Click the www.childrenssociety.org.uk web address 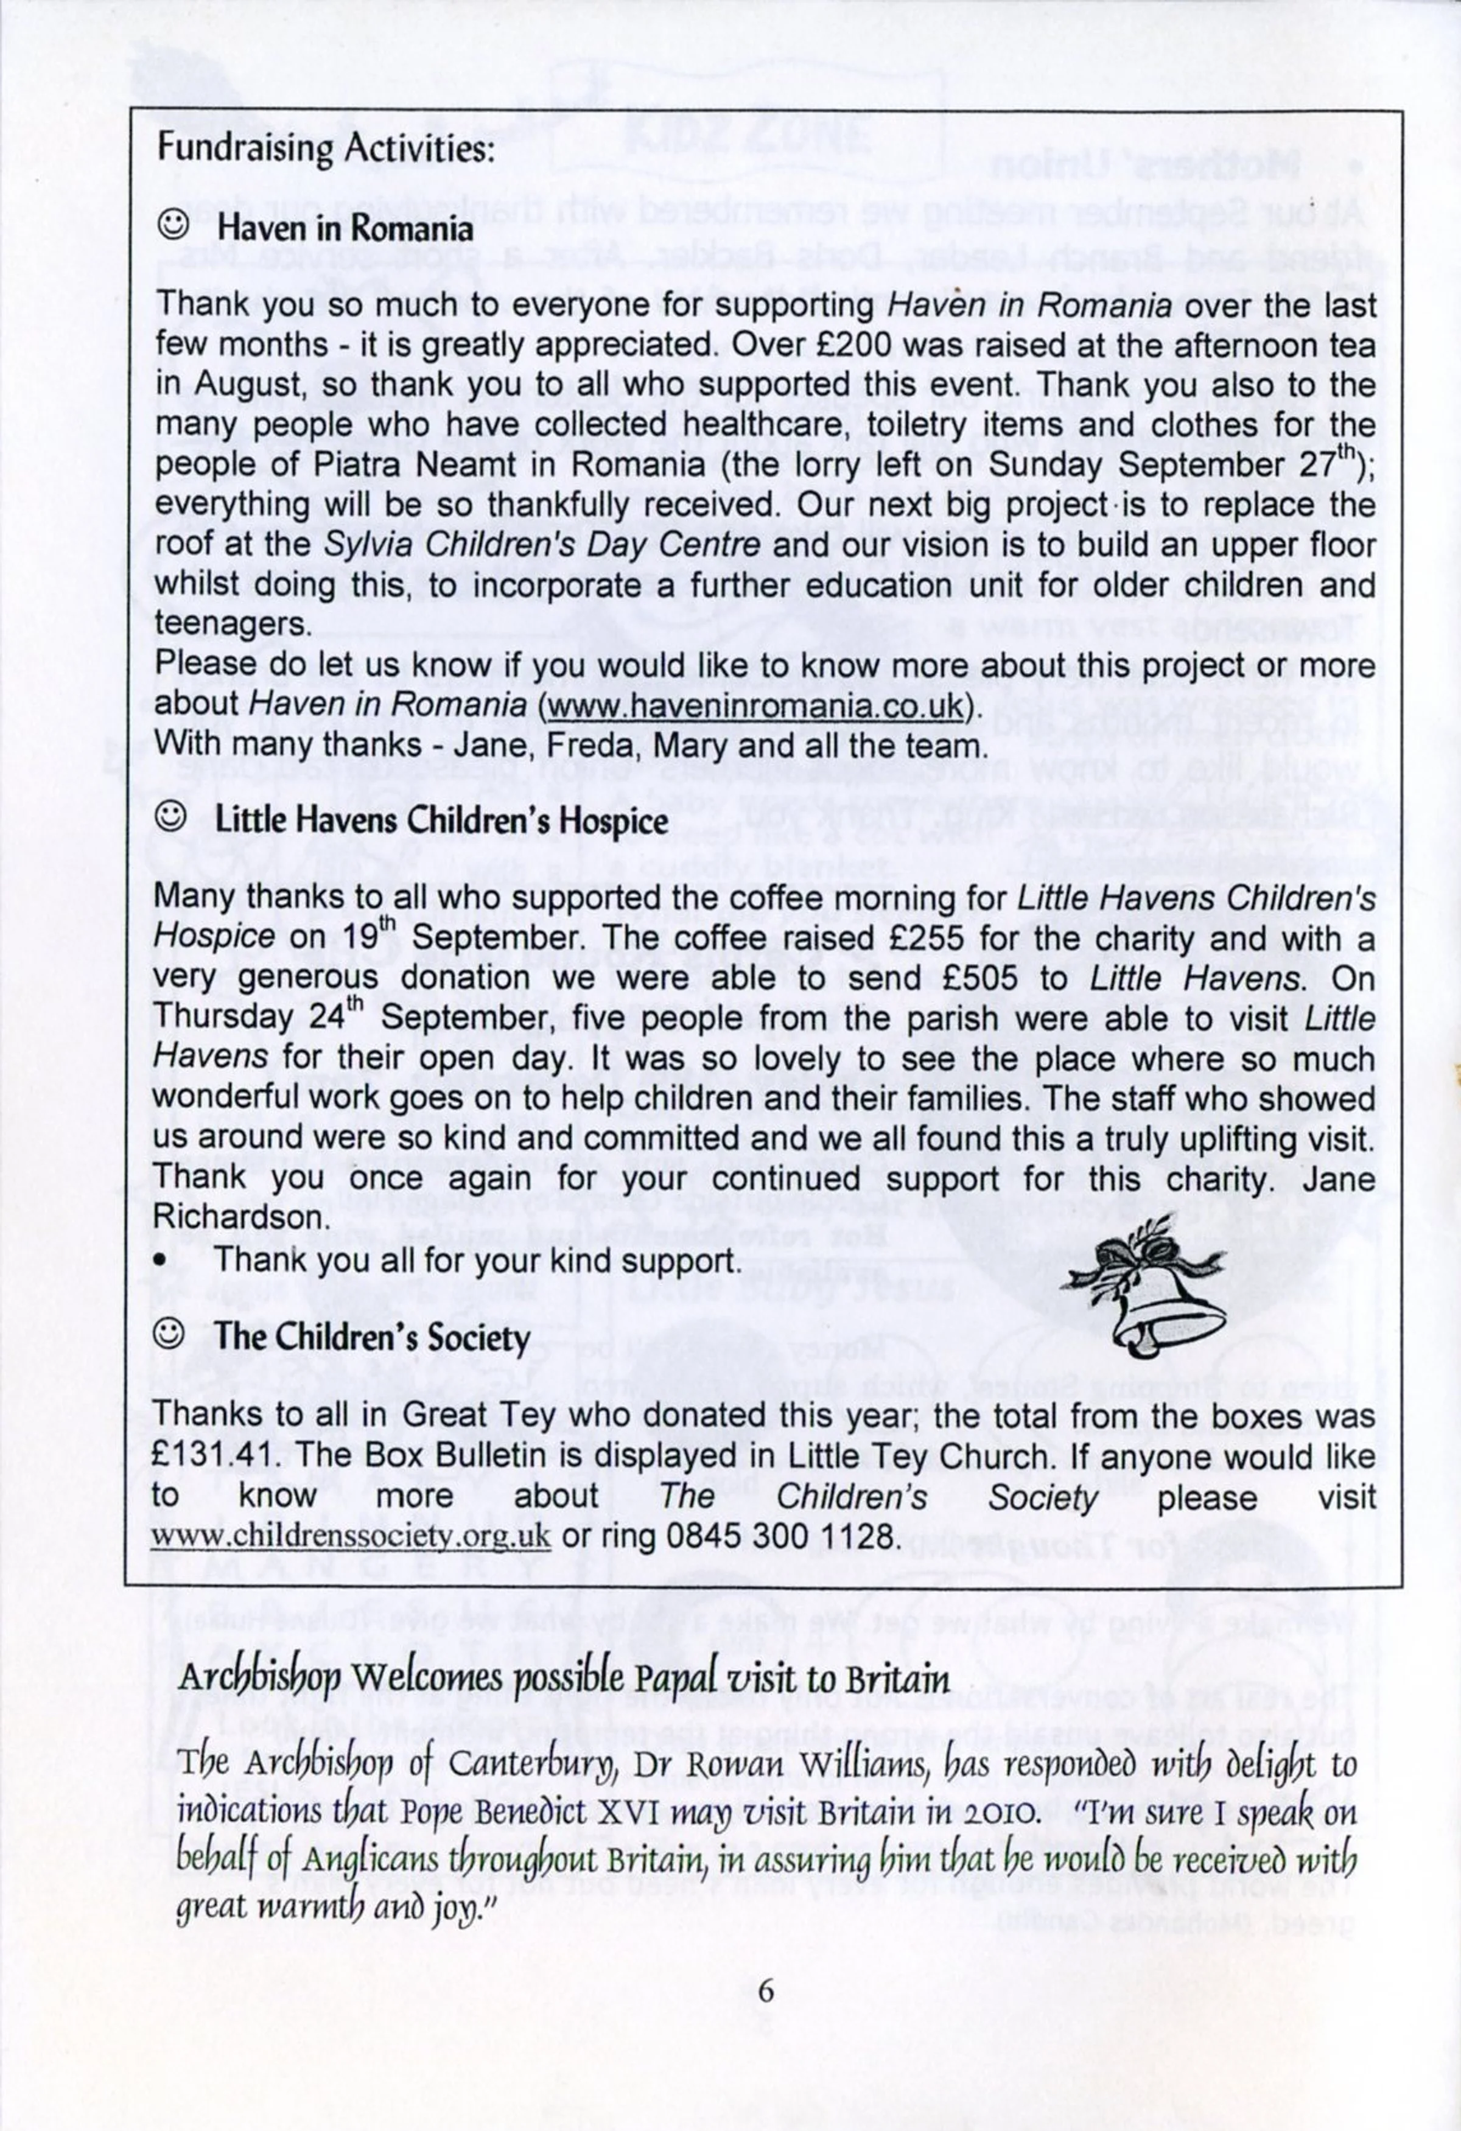351,1537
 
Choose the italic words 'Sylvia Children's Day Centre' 542,545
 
